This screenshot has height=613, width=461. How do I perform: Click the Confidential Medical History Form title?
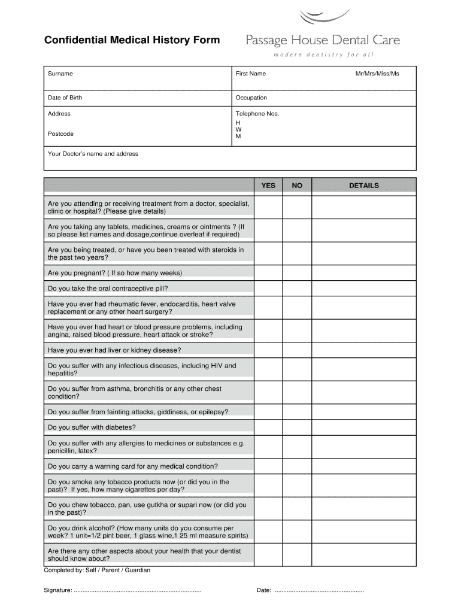[x=132, y=40]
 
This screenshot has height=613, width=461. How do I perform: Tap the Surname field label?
[x=60, y=74]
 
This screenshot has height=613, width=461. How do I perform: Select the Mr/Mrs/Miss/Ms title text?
[x=377, y=74]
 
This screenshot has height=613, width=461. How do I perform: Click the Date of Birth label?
[x=65, y=98]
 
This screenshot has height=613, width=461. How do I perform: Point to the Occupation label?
[x=251, y=98]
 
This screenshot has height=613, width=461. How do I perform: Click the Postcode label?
[x=61, y=133]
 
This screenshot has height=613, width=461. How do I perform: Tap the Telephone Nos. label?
[x=257, y=114]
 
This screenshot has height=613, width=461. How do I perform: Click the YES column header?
[x=268, y=186]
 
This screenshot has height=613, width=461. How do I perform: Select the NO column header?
[x=297, y=186]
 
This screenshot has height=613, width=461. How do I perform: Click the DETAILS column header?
[x=364, y=186]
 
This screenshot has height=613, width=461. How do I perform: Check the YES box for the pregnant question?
[x=268, y=273]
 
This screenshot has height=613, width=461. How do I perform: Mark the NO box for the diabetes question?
[x=297, y=427]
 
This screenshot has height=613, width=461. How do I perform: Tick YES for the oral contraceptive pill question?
[x=268, y=289]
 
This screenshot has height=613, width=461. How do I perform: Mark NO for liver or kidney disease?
[x=297, y=350]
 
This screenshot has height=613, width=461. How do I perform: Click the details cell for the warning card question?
[x=364, y=466]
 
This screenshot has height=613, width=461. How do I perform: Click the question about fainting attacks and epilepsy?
[x=138, y=412]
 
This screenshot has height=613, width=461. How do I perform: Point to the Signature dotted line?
[x=137, y=591]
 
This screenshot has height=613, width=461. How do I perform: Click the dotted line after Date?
[x=319, y=591]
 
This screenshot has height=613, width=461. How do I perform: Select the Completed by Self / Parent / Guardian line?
[x=97, y=570]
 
